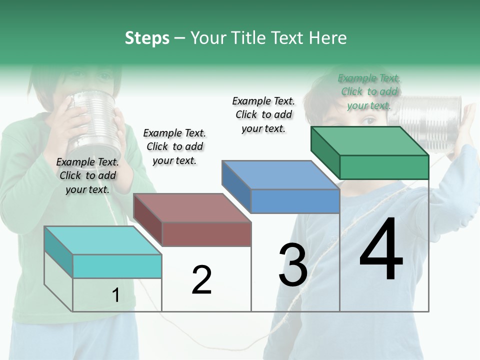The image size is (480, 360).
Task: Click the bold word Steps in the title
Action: [147, 38]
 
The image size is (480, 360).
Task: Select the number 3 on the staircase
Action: [293, 265]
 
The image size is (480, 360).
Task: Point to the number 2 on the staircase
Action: [201, 280]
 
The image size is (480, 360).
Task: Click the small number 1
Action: [115, 295]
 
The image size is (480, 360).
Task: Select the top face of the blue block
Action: [280, 175]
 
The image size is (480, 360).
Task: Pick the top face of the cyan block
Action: [102, 240]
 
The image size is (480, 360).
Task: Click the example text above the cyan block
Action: [87, 175]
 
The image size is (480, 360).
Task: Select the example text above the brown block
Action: [174, 146]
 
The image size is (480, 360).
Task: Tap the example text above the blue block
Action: [263, 114]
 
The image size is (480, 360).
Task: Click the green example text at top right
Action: [369, 91]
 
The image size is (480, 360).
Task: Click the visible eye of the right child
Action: [369, 120]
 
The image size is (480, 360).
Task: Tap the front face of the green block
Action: [384, 167]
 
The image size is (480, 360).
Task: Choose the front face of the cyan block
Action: [117, 266]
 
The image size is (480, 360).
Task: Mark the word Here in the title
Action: [328, 38]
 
